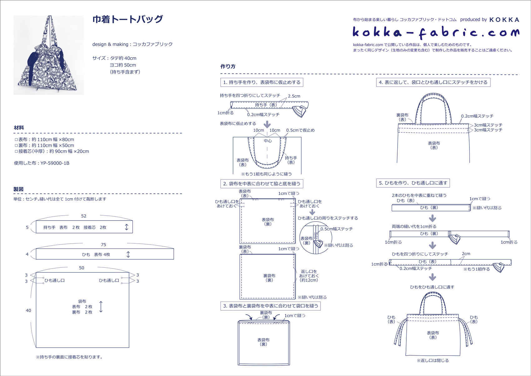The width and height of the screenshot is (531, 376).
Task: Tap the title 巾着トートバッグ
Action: coord(127,19)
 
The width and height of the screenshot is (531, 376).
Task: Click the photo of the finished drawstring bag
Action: coord(49,55)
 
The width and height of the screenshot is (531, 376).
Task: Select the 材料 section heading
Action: coord(19,128)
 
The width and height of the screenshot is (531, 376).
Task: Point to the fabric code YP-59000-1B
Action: coord(55,163)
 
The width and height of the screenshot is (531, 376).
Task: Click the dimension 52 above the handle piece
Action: coord(84,216)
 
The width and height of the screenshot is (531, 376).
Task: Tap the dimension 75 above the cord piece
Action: coord(103,245)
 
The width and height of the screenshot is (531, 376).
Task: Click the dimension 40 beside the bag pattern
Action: coord(28,311)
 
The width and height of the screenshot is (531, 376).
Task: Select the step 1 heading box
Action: coord(262,82)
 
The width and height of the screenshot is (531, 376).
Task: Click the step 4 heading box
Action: coord(433,82)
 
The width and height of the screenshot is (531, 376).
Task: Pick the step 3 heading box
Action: coord(270,306)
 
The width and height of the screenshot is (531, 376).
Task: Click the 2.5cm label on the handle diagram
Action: coord(294,96)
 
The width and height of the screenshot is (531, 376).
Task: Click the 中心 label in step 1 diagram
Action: coord(268,141)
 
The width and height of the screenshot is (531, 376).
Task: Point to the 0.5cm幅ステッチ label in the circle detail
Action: coord(337,229)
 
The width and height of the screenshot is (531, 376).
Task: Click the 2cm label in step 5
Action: coord(466,253)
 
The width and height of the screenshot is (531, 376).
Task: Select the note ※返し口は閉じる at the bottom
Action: coord(433,360)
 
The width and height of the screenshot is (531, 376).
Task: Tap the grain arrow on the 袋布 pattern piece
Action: coord(101,307)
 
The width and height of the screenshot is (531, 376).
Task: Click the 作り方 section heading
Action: coord(228,66)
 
